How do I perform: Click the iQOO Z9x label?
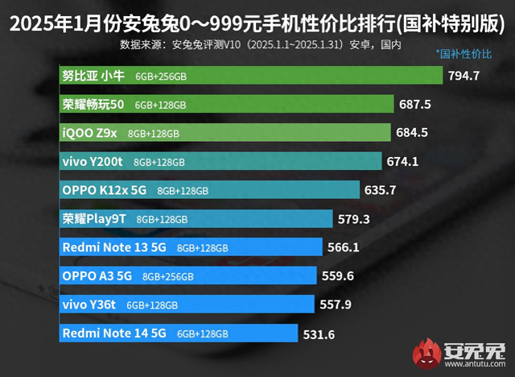(90, 132)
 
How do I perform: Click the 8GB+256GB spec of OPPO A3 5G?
(168, 275)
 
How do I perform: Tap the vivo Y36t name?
(89, 304)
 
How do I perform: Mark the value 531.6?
(319, 333)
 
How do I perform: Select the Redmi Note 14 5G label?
(113, 333)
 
